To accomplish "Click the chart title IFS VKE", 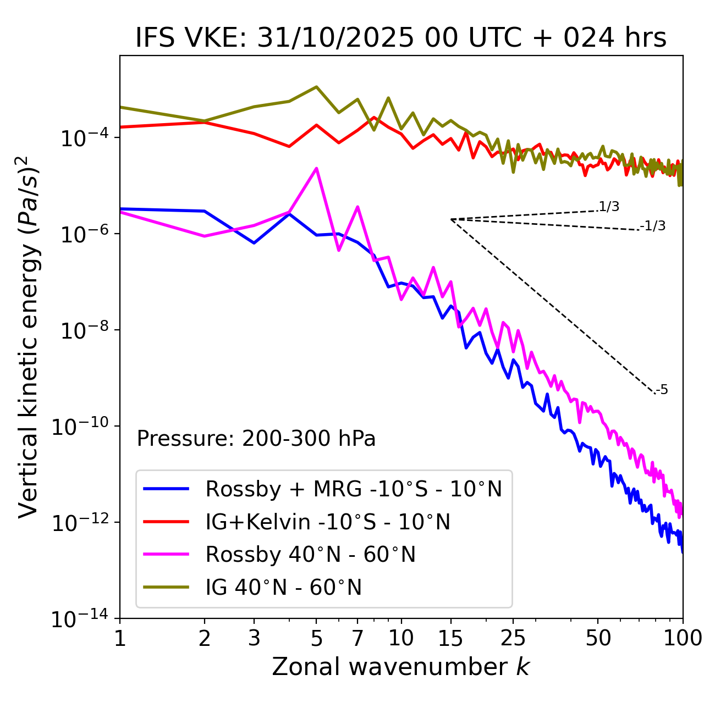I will pyautogui.click(x=401, y=38).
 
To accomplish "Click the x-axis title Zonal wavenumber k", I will pyautogui.click(x=400, y=666).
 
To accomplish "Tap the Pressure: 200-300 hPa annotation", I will pyautogui.click(x=256, y=439).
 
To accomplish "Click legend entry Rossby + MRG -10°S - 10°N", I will pyautogui.click(x=354, y=489).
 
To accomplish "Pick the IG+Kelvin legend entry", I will pyautogui.click(x=328, y=522).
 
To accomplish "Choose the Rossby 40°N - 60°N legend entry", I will pyautogui.click(x=310, y=555).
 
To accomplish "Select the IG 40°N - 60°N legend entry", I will pyautogui.click(x=283, y=588).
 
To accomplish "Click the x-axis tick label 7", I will pyautogui.click(x=358, y=638).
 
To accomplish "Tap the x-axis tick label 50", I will pyautogui.click(x=598, y=638).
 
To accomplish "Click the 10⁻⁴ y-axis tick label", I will pyautogui.click(x=82, y=138).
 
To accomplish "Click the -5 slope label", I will pyautogui.click(x=662, y=390).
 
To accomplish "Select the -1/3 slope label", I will pyautogui.click(x=653, y=226).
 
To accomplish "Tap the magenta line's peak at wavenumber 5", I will pyautogui.click(x=316, y=168).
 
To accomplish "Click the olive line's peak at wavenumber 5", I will pyautogui.click(x=316, y=87).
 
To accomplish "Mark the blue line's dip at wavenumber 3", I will pyautogui.click(x=254, y=243).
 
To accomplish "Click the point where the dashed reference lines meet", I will pyautogui.click(x=451, y=219).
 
